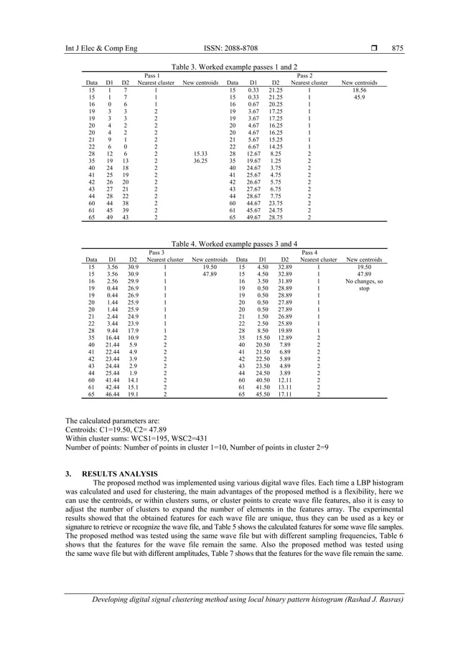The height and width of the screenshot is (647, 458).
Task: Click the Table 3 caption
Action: [x=228, y=66]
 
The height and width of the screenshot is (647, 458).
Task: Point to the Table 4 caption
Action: [x=228, y=243]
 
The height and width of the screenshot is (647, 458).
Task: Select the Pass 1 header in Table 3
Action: [x=152, y=75]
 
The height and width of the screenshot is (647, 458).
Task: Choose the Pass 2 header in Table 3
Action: [x=304, y=75]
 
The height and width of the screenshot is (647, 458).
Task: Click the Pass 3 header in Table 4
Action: [x=156, y=252]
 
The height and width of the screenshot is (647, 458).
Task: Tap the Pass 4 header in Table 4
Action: [x=312, y=252]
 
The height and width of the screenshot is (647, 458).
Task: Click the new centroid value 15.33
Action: [x=200, y=153]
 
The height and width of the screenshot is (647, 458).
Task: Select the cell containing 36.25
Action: [x=200, y=160]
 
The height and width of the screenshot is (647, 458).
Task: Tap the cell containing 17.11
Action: [x=285, y=394]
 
